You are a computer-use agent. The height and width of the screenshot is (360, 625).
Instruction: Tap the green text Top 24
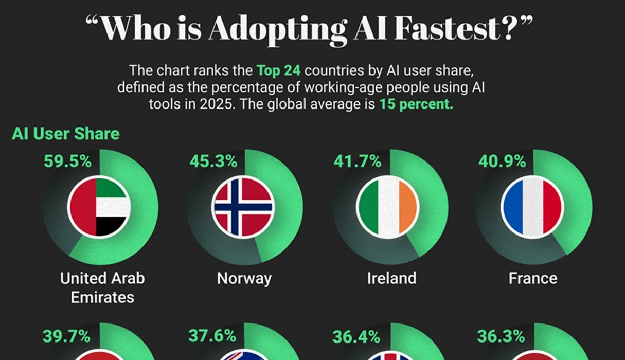click(x=278, y=70)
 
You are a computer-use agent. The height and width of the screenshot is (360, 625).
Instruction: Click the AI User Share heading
click(x=65, y=134)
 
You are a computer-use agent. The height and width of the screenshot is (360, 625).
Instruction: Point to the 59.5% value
click(x=67, y=161)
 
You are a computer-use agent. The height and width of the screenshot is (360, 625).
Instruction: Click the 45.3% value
click(x=213, y=161)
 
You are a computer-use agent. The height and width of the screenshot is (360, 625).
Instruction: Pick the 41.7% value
click(x=358, y=161)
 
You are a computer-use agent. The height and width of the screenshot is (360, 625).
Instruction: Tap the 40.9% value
click(x=502, y=161)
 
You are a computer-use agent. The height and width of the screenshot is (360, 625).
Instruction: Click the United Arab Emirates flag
click(x=99, y=207)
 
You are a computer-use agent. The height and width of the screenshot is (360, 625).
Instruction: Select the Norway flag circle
click(x=243, y=207)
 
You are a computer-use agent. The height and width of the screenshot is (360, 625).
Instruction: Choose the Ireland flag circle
click(x=388, y=207)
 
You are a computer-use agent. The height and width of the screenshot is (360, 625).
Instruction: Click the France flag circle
click(x=532, y=207)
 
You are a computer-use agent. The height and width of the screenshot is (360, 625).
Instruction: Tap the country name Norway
click(x=244, y=278)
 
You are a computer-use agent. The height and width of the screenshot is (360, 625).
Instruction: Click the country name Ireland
click(x=391, y=278)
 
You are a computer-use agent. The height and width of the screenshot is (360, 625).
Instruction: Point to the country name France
click(x=533, y=278)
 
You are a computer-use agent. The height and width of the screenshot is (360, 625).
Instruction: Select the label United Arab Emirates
click(x=102, y=287)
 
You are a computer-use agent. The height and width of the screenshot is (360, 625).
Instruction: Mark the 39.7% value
click(x=67, y=337)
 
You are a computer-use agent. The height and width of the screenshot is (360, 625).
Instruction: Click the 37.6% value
click(x=212, y=337)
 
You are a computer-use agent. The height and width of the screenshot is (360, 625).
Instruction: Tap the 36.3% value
click(x=501, y=337)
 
